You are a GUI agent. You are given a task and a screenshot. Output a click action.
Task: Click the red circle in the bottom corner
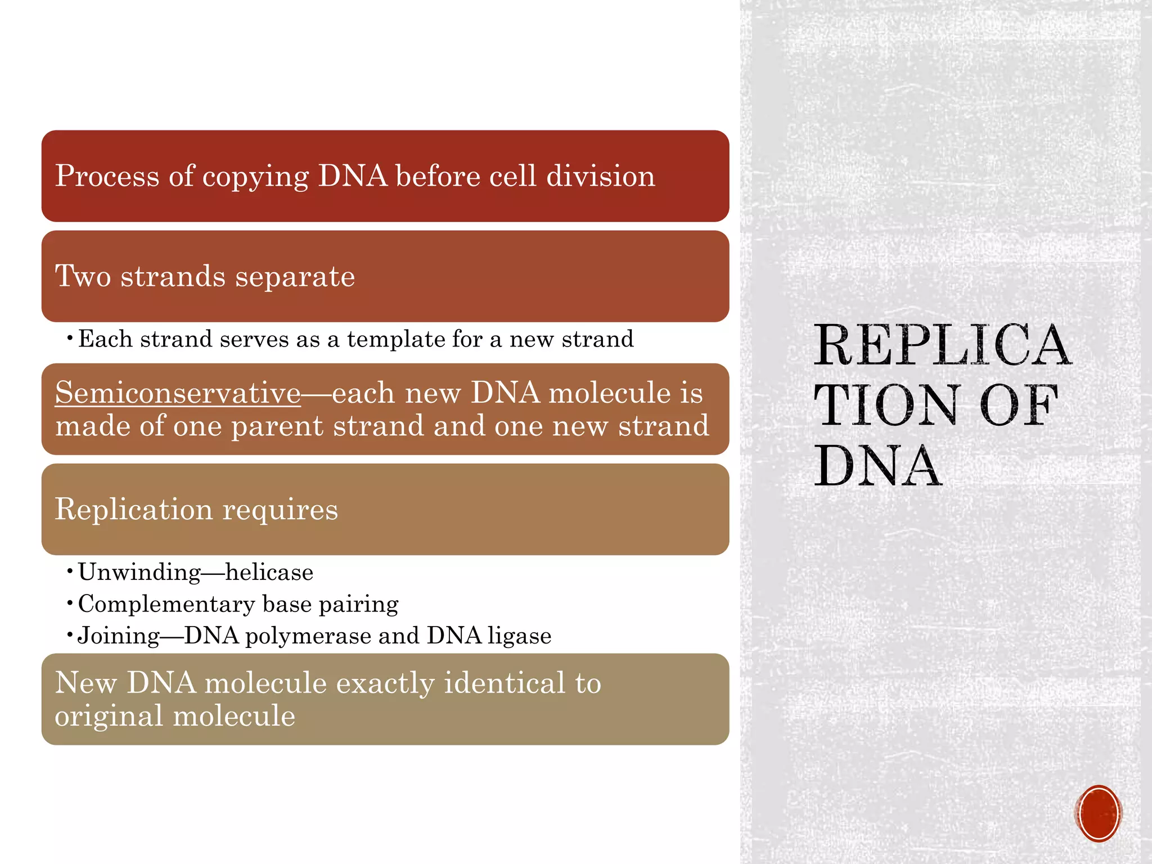[1098, 813]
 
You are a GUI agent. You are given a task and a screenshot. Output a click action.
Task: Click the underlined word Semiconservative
[178, 393]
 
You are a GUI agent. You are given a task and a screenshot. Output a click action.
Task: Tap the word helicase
[269, 573]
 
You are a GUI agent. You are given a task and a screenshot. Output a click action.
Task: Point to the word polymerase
[308, 636]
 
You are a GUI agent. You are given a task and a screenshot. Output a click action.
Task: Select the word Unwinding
[139, 573]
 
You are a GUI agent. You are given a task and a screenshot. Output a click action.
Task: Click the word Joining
[119, 636]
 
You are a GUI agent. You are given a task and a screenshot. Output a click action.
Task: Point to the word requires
[280, 510]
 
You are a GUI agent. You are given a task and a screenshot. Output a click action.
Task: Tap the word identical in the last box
[503, 683]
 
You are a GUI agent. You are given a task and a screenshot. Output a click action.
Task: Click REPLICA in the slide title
[942, 345]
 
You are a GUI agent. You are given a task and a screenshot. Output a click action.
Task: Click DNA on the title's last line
[877, 466]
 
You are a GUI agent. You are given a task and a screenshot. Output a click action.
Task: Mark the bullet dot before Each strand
[69, 339]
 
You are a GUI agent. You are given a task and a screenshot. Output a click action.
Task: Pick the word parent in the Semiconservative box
[277, 426]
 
